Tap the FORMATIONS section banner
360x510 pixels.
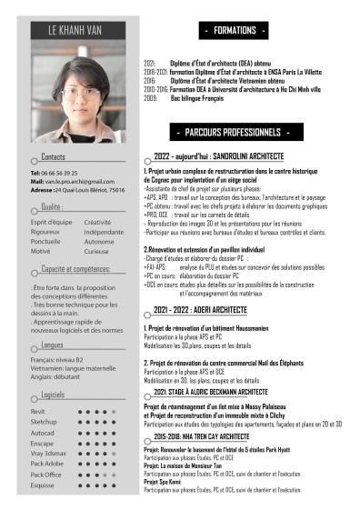coord(235,31)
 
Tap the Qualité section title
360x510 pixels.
coord(51,207)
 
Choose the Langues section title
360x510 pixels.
coord(53,345)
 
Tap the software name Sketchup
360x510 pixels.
coord(43,423)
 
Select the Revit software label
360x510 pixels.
coord(37,412)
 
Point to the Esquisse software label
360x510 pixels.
coord(44,485)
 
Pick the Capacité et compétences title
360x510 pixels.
coord(75,269)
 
